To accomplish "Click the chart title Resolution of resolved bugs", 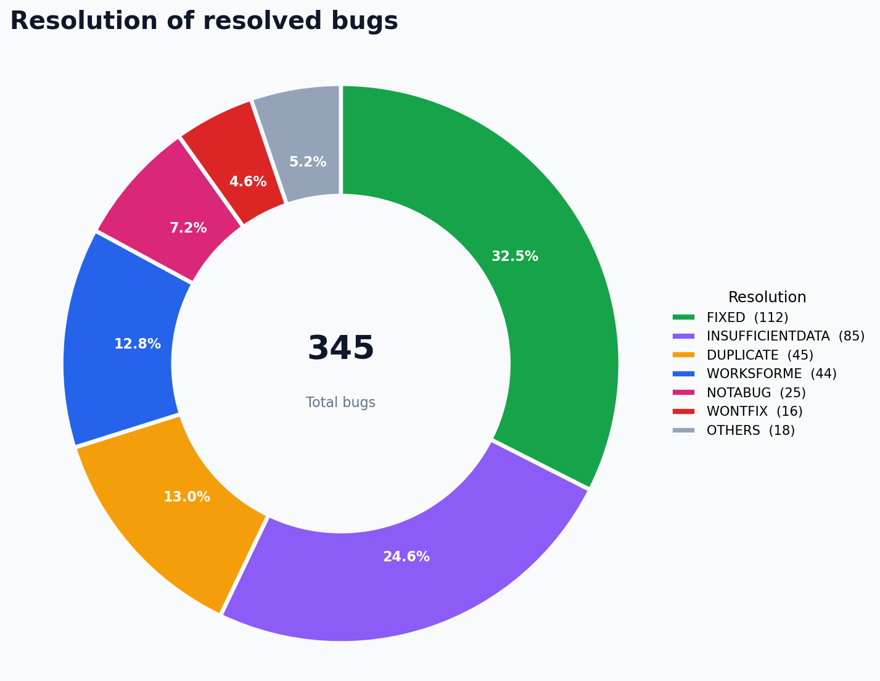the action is pyautogui.click(x=204, y=22).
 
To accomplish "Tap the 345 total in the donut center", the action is pyautogui.click(x=340, y=348).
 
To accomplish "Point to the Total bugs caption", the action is pyautogui.click(x=340, y=402).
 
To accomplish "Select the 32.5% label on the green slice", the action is pyautogui.click(x=515, y=256).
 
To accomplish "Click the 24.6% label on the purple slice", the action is pyautogui.click(x=406, y=556).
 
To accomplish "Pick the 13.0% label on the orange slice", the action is pyautogui.click(x=187, y=497).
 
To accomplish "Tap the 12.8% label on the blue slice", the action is pyautogui.click(x=138, y=344).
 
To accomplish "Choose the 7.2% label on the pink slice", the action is pyautogui.click(x=188, y=228).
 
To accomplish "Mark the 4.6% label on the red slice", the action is pyautogui.click(x=248, y=181).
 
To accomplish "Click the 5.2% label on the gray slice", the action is pyautogui.click(x=308, y=162).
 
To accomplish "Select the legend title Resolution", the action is pyautogui.click(x=767, y=297).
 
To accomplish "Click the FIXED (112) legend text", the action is pyautogui.click(x=747, y=318).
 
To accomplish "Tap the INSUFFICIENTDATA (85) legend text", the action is pyautogui.click(x=786, y=336).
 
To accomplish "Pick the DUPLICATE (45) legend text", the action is pyautogui.click(x=760, y=355).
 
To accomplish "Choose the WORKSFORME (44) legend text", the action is pyautogui.click(x=771, y=374).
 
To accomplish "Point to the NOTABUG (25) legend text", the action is pyautogui.click(x=756, y=393).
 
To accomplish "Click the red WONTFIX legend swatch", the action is pyautogui.click(x=684, y=411).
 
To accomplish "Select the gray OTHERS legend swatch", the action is pyautogui.click(x=684, y=431).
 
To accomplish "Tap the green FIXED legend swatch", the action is pyautogui.click(x=684, y=318).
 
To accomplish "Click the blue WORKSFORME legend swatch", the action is pyautogui.click(x=684, y=374).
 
